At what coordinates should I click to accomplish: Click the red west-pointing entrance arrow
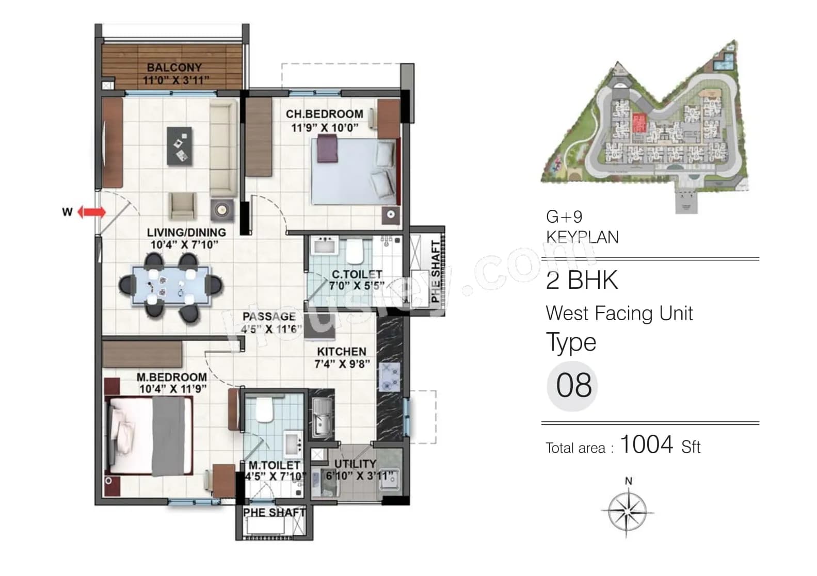92,212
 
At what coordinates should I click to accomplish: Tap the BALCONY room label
174,68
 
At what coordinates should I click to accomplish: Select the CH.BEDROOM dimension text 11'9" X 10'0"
325,127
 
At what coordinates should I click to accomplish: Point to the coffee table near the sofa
179,146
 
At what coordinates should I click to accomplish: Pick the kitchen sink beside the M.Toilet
322,417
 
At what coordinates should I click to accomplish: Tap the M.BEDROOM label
172,377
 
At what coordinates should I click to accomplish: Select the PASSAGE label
269,316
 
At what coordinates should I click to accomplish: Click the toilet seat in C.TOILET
354,251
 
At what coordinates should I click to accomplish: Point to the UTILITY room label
355,464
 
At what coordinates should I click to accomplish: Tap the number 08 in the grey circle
573,385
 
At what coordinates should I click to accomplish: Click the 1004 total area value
646,444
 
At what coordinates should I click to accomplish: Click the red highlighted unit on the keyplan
639,123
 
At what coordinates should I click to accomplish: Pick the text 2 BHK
582,281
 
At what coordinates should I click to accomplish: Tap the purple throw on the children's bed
327,149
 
